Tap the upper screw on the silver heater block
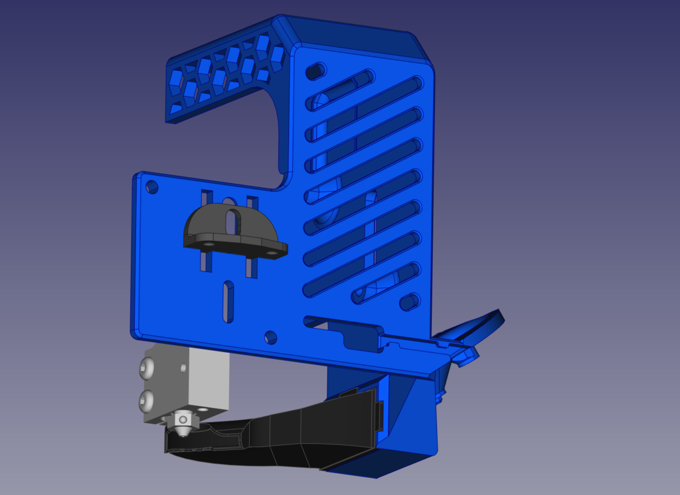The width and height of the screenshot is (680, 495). pos(147,366)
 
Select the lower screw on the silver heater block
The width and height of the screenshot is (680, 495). pos(147,399)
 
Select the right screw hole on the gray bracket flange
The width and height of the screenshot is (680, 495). pos(271,253)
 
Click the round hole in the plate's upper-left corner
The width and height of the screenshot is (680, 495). pos(152,186)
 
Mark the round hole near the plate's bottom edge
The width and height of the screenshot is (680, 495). pos(270,337)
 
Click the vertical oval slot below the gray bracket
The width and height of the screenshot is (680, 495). pos(228,301)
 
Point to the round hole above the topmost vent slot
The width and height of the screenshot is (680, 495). pos(316,70)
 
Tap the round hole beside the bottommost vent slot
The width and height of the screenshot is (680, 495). pos(408,303)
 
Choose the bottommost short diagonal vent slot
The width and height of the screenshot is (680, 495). pos(379,284)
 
